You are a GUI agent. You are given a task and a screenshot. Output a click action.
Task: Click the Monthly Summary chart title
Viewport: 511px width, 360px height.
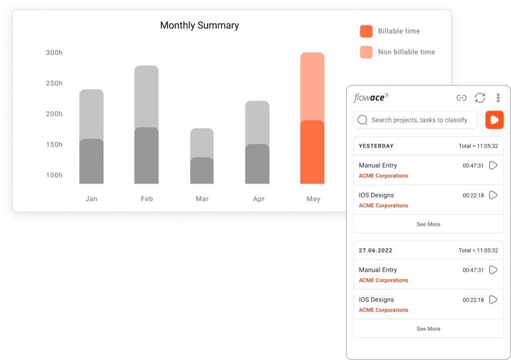[199, 25]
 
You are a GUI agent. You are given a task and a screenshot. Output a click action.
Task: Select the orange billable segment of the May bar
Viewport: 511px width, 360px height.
[312, 152]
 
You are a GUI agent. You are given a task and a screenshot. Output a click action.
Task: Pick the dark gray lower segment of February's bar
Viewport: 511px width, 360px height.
[146, 156]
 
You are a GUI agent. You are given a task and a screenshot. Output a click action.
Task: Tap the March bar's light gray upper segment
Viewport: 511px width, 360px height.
[202, 142]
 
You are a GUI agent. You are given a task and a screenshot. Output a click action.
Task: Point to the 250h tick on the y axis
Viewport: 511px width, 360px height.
[54, 83]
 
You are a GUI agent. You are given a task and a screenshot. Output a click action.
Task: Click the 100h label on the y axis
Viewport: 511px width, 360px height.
[54, 175]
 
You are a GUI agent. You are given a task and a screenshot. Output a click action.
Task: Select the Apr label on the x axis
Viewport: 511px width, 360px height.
[258, 199]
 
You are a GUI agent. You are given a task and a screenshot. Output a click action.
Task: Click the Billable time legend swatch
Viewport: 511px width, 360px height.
[366, 31]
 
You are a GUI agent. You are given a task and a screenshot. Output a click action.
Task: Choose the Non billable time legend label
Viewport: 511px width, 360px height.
[406, 52]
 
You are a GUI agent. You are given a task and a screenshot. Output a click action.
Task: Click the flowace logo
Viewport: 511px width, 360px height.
[371, 98]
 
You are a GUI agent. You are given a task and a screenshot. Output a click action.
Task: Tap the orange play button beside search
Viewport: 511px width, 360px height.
[494, 120]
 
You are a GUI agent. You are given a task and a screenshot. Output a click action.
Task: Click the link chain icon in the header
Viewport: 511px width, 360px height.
[462, 98]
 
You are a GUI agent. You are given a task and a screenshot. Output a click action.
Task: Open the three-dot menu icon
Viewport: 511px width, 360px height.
[498, 98]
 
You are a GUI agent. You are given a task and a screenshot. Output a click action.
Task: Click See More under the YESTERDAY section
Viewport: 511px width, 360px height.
[428, 224]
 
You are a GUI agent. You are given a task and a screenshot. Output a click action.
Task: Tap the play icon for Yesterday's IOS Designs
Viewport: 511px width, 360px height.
[493, 195]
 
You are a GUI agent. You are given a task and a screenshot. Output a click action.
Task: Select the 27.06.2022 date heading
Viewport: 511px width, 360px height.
[376, 250]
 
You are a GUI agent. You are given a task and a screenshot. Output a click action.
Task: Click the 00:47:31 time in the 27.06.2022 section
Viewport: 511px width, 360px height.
[473, 270]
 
